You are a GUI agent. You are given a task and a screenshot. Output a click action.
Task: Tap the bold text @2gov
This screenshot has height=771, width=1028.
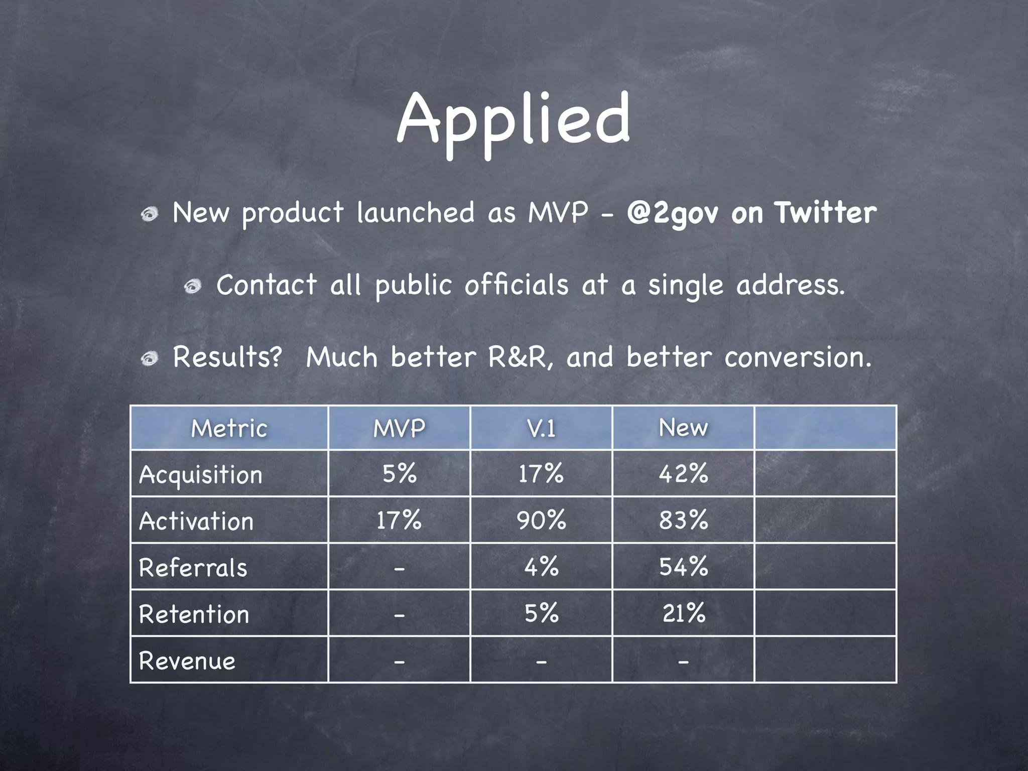coord(672,213)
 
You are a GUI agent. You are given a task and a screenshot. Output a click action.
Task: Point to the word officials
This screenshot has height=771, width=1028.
coord(516,285)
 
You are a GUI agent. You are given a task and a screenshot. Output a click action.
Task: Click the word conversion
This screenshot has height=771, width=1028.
coord(798,357)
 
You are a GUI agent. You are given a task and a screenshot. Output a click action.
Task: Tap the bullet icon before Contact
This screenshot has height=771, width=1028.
coord(193,287)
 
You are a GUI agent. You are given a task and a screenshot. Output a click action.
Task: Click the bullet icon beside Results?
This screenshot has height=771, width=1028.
coord(150,358)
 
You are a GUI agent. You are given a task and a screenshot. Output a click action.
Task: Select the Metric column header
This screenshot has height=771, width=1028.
coord(229,428)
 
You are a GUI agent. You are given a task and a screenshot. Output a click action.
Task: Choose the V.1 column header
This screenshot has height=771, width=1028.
coord(541,428)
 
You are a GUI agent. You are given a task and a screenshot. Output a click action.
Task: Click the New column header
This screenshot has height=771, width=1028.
coord(683,428)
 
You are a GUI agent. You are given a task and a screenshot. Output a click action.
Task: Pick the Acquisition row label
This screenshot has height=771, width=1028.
coord(201,474)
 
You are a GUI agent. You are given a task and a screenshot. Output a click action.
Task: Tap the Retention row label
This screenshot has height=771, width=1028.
coord(194,614)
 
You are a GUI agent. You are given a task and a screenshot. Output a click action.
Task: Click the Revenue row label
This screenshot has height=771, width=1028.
coord(187,661)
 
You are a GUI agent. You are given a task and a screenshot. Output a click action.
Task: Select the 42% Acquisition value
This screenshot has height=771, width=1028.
coord(683,473)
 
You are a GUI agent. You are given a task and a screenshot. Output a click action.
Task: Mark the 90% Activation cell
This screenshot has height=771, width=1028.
coord(541,520)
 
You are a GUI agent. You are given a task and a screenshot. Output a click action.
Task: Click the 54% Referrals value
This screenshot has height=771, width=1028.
coord(683,567)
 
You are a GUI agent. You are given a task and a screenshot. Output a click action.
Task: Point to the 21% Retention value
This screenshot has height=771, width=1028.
coord(683,613)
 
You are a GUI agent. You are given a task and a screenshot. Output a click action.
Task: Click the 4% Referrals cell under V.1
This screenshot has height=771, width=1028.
coord(541,567)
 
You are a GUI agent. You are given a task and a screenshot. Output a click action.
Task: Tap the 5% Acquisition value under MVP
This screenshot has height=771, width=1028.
coord(399,473)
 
